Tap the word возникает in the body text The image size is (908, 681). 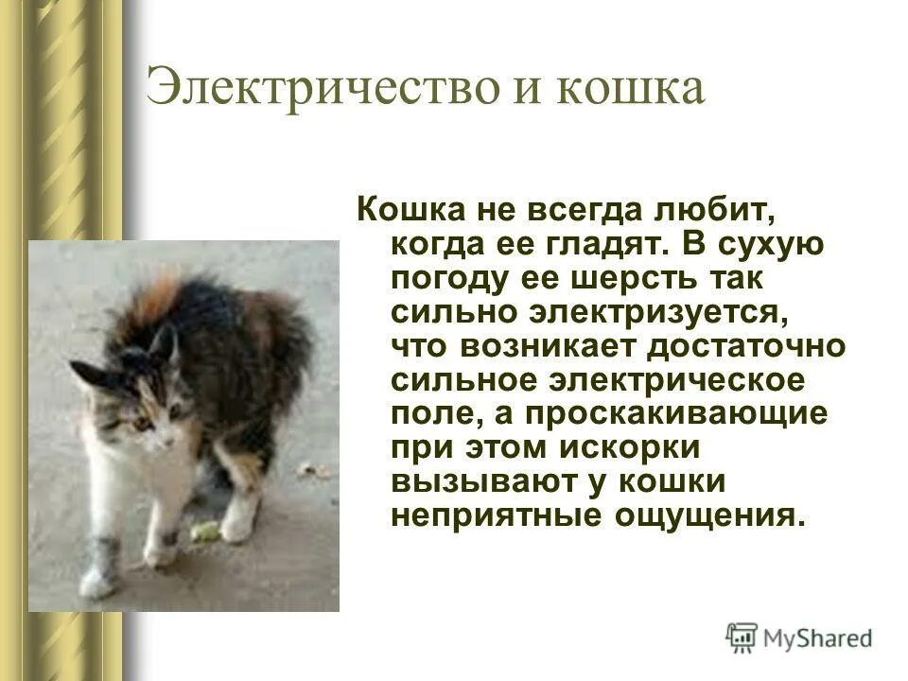click(570, 348)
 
